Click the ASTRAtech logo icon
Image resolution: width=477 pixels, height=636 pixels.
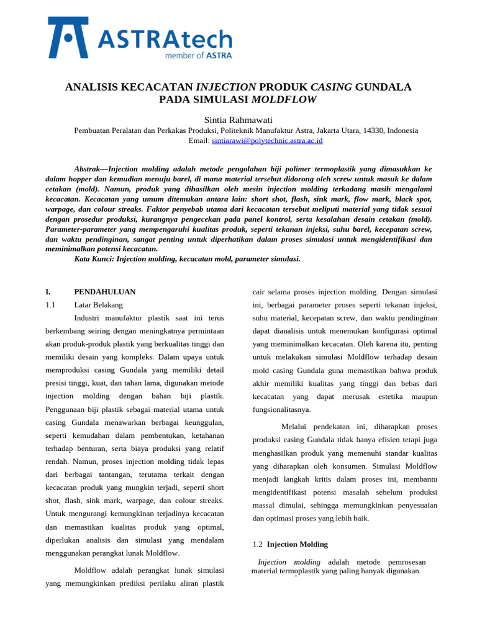68,38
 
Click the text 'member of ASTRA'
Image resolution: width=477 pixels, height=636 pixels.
198,55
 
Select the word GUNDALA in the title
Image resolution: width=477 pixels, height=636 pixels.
383,87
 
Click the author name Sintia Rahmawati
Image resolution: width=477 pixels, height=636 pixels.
238,120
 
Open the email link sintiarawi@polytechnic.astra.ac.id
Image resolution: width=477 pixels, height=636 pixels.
267,141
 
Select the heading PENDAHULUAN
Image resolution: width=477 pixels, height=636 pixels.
105,292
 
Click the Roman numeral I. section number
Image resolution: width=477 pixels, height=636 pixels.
48,292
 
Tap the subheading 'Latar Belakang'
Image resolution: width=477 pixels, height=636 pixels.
98,305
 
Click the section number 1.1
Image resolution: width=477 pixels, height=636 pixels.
50,305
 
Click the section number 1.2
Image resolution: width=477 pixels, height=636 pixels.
258,544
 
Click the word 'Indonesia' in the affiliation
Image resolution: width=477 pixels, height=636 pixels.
402,130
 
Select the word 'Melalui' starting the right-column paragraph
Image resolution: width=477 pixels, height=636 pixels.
295,427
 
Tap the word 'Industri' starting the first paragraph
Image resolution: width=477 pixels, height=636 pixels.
88,318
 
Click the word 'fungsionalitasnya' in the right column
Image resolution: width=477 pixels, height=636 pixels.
281,410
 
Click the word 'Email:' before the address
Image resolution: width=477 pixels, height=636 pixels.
199,141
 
